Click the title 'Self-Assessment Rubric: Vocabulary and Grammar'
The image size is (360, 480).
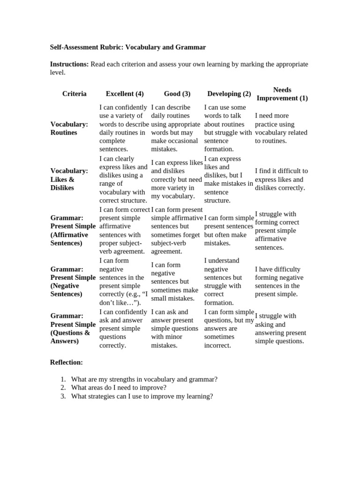click(x=128, y=47)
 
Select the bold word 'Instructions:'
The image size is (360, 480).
click(x=69, y=64)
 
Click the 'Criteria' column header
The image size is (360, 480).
click(x=75, y=94)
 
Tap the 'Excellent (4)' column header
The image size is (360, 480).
click(x=125, y=94)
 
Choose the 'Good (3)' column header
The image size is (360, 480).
click(x=177, y=94)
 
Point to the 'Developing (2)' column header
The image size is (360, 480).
click(x=229, y=94)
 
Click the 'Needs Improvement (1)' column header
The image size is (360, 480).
click(x=282, y=94)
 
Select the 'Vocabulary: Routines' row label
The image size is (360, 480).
click(x=69, y=128)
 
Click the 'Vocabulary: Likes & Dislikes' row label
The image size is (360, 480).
click(x=69, y=179)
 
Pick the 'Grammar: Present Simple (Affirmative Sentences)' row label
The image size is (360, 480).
click(x=73, y=231)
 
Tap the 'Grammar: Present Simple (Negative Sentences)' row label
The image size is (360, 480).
click(x=73, y=281)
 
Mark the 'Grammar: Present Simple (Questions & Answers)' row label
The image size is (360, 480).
click(x=73, y=329)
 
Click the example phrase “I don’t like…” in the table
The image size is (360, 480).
click(x=124, y=298)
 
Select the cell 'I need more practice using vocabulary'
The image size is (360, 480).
click(x=281, y=128)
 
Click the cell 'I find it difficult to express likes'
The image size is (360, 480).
click(x=281, y=180)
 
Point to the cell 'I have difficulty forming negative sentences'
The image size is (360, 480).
click(x=279, y=282)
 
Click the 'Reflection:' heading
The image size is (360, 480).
click(x=67, y=362)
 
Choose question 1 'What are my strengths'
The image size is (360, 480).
click(x=144, y=379)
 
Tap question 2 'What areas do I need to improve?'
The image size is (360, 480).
click(x=119, y=388)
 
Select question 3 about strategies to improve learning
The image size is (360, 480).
click(x=142, y=396)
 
